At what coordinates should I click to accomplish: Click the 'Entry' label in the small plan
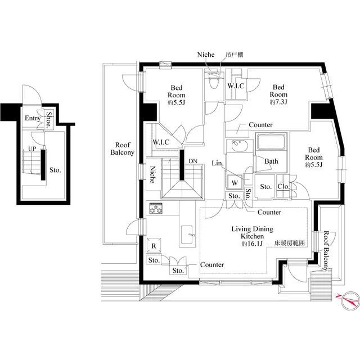coord(31,119)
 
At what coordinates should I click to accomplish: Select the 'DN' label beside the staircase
coord(193,161)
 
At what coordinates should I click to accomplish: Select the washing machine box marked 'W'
coord(235,183)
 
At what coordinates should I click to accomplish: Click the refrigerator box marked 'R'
coord(154,245)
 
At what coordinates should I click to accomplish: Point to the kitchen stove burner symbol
coord(155,209)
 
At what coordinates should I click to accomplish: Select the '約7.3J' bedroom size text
coord(278,103)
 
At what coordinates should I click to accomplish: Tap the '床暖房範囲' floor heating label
coord(289,244)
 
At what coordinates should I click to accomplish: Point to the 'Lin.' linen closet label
coord(219,164)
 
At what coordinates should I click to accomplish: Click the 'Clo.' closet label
coord(283,187)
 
